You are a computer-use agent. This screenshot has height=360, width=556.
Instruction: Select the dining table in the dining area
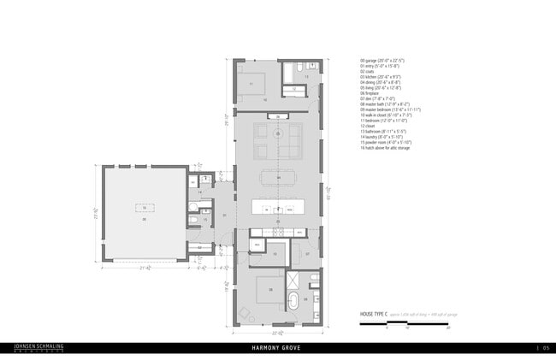point(279,178)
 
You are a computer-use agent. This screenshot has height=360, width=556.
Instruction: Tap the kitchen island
point(279,208)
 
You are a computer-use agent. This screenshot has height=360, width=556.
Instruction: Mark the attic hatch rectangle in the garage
point(144,208)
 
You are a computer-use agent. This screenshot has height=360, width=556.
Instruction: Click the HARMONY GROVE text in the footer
point(278,348)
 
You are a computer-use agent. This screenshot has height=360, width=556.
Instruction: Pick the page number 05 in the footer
point(544,348)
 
